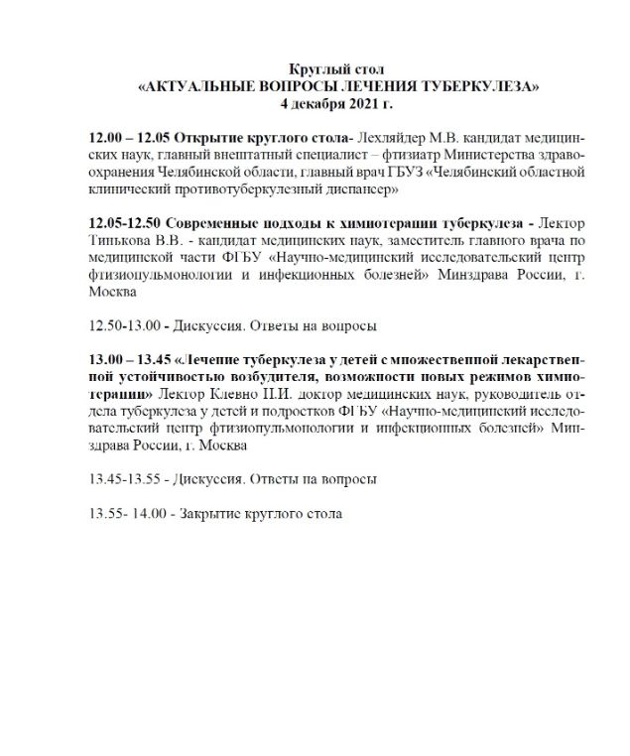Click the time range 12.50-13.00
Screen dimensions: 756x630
122,324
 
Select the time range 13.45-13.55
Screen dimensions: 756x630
122,478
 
